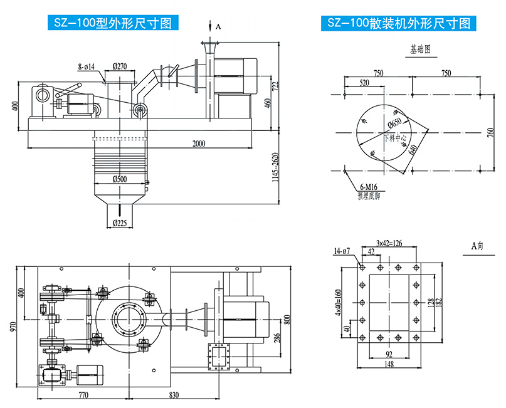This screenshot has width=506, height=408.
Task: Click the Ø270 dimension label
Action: pyautogui.click(x=120, y=65)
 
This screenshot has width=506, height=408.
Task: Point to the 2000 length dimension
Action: pyautogui.click(x=199, y=144)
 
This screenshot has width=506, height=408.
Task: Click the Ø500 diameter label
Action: pyautogui.click(x=120, y=179)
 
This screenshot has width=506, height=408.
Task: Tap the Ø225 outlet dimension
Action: pyautogui.click(x=120, y=222)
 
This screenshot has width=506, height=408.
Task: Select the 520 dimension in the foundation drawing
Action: pyautogui.click(x=364, y=82)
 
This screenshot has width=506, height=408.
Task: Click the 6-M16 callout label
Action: pyautogui.click(x=369, y=186)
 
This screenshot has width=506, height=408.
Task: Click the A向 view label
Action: pyautogui.click(x=477, y=246)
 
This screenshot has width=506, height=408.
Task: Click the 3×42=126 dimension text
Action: pyautogui.click(x=389, y=242)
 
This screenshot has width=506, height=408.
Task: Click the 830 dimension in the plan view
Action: pyautogui.click(x=175, y=395)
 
